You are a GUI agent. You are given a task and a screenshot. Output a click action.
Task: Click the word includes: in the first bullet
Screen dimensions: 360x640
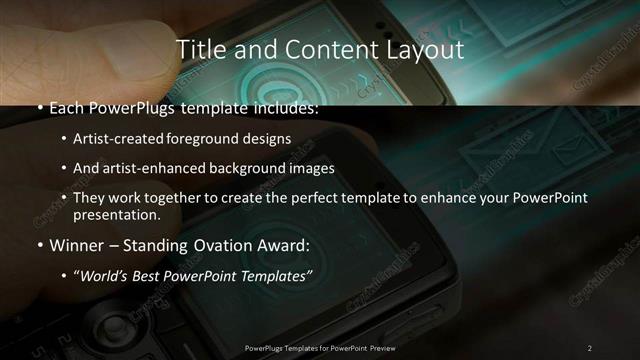tap(283, 108)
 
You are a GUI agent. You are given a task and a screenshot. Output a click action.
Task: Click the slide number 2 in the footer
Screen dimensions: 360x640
tap(589, 348)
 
